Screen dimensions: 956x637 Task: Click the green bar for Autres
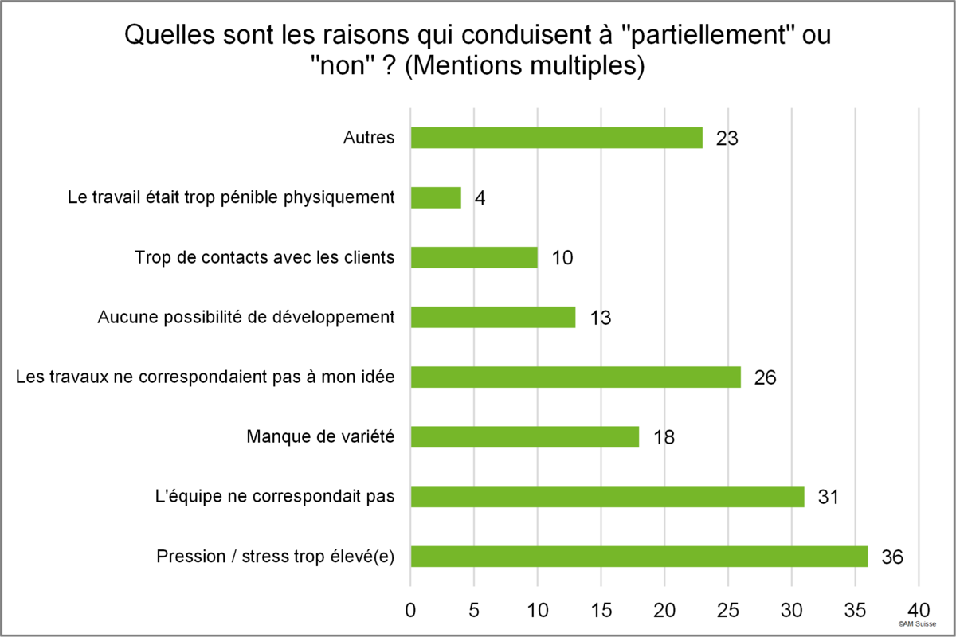coord(557,138)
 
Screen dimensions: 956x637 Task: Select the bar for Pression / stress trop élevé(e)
coord(639,557)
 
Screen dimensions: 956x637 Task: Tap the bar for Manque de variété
coord(525,437)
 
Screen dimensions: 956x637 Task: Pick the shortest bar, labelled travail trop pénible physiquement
coord(436,198)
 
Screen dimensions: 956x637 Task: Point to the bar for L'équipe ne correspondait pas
coord(608,497)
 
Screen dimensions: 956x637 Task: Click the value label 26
coord(765,377)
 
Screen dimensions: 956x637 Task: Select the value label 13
coord(601,318)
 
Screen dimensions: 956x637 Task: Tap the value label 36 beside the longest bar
coord(892,557)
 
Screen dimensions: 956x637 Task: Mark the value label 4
coord(480,198)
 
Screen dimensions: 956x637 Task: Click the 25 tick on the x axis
coord(728,610)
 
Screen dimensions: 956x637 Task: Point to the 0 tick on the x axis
coord(410,610)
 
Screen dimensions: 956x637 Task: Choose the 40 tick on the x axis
coord(919,610)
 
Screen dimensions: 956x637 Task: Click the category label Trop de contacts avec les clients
coord(264,257)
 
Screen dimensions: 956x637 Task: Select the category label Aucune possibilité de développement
coord(246,318)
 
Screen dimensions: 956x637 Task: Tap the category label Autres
coord(369,138)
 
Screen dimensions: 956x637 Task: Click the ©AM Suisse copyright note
coord(917,623)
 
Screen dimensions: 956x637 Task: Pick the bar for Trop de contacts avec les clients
coord(474,258)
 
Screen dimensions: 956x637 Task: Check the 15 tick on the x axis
coord(601,610)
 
